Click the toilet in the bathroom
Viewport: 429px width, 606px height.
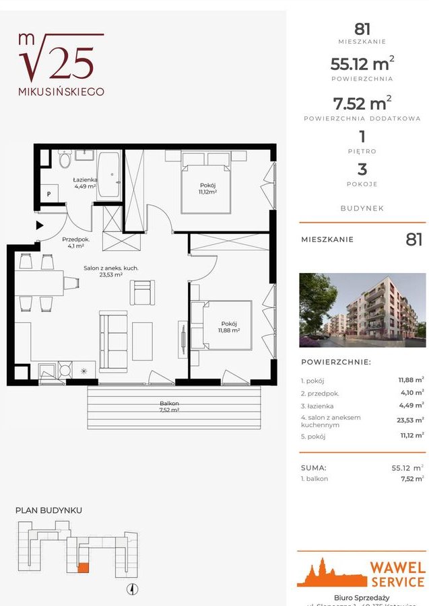65,160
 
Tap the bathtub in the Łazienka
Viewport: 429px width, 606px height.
108,176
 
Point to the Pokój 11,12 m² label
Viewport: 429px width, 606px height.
207,188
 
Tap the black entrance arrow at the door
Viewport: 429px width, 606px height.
40,226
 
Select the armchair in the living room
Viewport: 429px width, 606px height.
143,292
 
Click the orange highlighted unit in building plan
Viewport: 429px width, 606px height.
83,566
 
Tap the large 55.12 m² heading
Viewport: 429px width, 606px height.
362,65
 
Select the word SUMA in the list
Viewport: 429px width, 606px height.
313,467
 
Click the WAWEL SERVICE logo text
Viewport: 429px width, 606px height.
397,575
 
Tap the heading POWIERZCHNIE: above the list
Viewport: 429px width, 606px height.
335,362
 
